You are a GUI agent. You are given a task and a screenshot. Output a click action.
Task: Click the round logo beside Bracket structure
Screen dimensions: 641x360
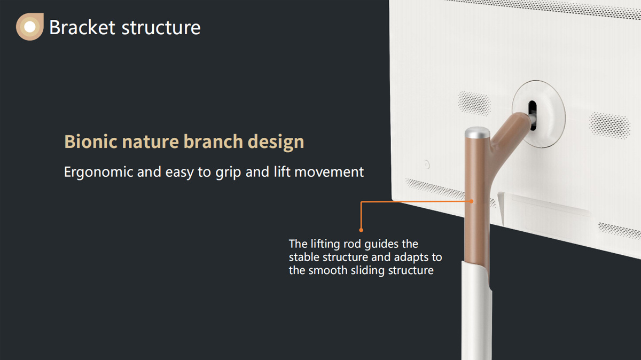30,27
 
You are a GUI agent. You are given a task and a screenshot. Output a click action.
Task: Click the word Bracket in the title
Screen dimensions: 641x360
82,27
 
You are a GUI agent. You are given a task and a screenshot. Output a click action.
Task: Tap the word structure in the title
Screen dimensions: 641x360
161,28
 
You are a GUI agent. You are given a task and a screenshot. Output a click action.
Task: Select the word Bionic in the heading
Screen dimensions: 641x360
91,142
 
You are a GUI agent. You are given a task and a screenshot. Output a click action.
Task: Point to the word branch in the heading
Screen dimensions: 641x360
213,142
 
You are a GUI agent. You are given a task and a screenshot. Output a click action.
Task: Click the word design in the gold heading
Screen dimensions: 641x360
276,142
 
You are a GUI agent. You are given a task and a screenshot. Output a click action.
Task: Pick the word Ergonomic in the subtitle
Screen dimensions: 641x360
98,173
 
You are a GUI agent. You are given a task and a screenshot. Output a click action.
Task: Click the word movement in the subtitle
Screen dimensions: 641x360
329,173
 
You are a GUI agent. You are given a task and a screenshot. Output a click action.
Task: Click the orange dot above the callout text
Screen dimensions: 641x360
361,230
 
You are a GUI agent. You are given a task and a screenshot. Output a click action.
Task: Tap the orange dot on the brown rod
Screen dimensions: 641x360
472,201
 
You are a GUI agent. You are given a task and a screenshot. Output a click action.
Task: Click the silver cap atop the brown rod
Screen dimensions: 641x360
477,133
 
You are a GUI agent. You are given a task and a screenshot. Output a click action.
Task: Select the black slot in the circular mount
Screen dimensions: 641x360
533,115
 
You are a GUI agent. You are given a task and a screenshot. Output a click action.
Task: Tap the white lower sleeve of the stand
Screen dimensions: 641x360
476,312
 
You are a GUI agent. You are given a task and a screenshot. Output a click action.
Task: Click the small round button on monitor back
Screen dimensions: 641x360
427,165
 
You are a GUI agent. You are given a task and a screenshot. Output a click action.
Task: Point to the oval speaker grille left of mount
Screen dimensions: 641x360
474,103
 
